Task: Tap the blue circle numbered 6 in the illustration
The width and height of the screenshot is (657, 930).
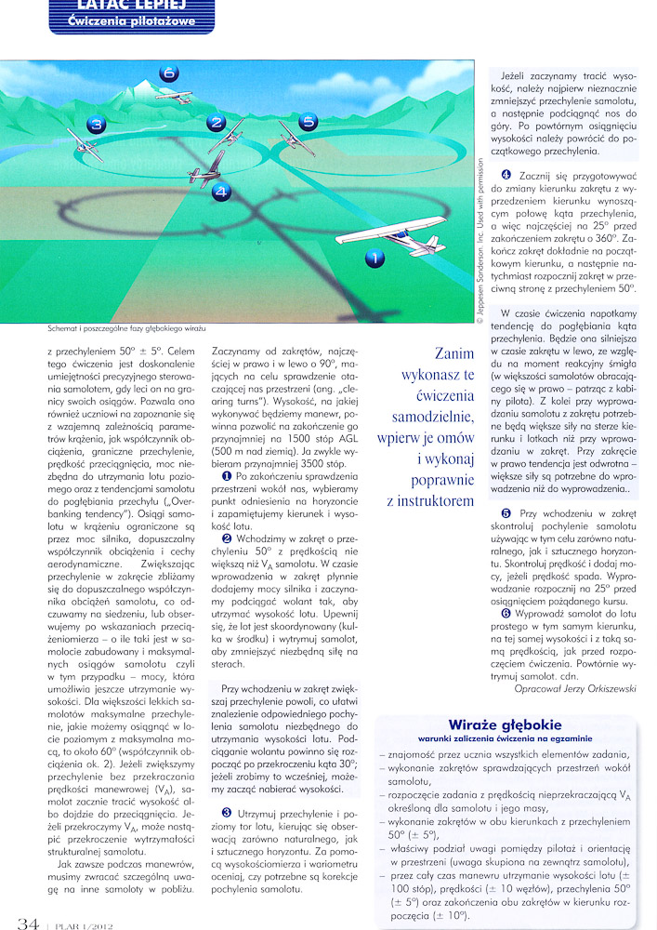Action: (168, 73)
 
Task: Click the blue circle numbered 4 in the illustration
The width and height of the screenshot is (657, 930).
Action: (220, 192)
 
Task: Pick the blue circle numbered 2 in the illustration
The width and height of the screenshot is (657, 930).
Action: (215, 123)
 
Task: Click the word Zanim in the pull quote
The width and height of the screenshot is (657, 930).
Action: (455, 353)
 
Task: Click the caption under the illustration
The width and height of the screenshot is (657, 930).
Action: (125, 329)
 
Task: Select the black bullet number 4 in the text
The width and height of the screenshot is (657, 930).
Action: (506, 175)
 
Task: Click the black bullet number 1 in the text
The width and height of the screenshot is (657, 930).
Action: (226, 449)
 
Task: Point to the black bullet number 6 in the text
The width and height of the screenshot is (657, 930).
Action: (506, 612)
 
